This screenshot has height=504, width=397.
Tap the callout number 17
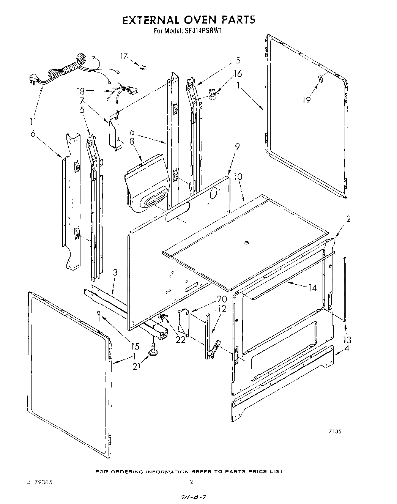124,56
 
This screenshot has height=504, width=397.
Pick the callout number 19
307,100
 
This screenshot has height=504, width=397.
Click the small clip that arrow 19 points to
320,79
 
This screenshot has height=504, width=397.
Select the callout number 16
238,74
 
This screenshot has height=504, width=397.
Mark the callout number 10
238,177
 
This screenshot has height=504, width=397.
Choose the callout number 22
181,340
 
